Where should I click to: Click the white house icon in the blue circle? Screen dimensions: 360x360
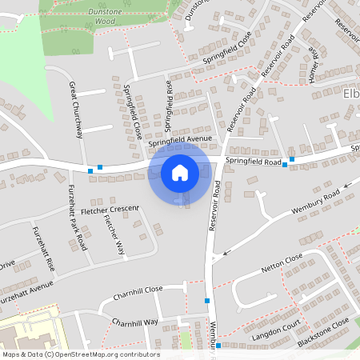[179, 173]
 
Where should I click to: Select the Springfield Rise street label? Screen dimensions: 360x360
[168, 105]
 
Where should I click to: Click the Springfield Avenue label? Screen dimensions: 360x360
[180, 140]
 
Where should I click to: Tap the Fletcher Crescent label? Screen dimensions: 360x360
[110, 210]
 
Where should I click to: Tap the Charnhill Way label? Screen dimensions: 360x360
[134, 322]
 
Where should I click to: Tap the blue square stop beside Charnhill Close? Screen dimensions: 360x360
[207, 300]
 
